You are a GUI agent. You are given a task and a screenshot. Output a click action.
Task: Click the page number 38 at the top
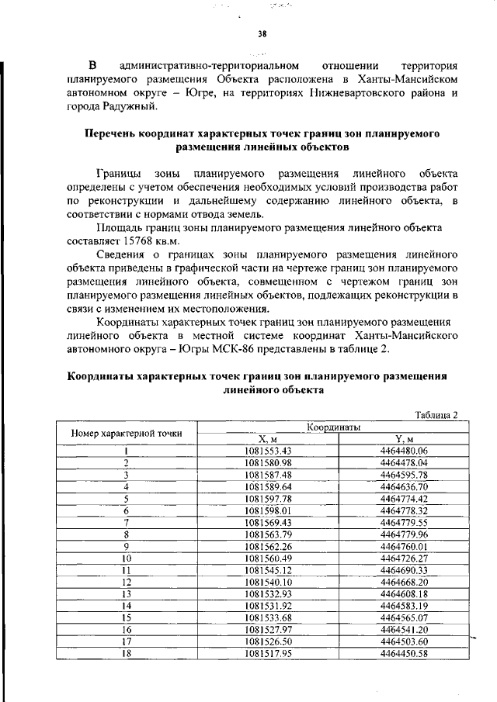(262, 33)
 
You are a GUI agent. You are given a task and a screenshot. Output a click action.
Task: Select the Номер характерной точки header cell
(127, 432)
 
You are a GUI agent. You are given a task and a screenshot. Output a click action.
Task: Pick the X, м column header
(268, 438)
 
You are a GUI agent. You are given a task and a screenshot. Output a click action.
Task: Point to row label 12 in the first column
(126, 582)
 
